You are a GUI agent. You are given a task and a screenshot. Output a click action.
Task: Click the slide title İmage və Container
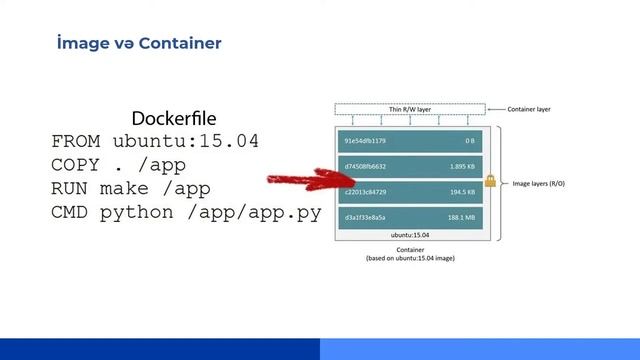[139, 43]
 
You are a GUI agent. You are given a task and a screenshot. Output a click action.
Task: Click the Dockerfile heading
[174, 119]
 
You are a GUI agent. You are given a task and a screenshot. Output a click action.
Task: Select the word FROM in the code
[75, 141]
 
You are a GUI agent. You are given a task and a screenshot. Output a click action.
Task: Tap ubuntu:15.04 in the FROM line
[185, 141]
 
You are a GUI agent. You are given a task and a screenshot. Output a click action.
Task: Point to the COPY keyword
[75, 165]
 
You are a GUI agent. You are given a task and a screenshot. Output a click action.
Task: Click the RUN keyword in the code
[69, 188]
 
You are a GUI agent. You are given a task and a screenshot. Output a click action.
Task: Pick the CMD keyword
[69, 212]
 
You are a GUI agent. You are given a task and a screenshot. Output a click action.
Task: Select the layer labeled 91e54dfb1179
[365, 141]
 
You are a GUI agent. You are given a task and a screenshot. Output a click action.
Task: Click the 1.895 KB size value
[461, 166]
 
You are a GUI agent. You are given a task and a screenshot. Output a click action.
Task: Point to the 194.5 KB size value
[461, 191]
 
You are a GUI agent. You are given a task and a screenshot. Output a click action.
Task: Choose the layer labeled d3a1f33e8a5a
[365, 216]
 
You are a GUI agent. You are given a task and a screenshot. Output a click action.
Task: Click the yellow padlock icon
[490, 181]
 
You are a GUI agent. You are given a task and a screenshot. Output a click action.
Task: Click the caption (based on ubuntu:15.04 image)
[409, 258]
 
